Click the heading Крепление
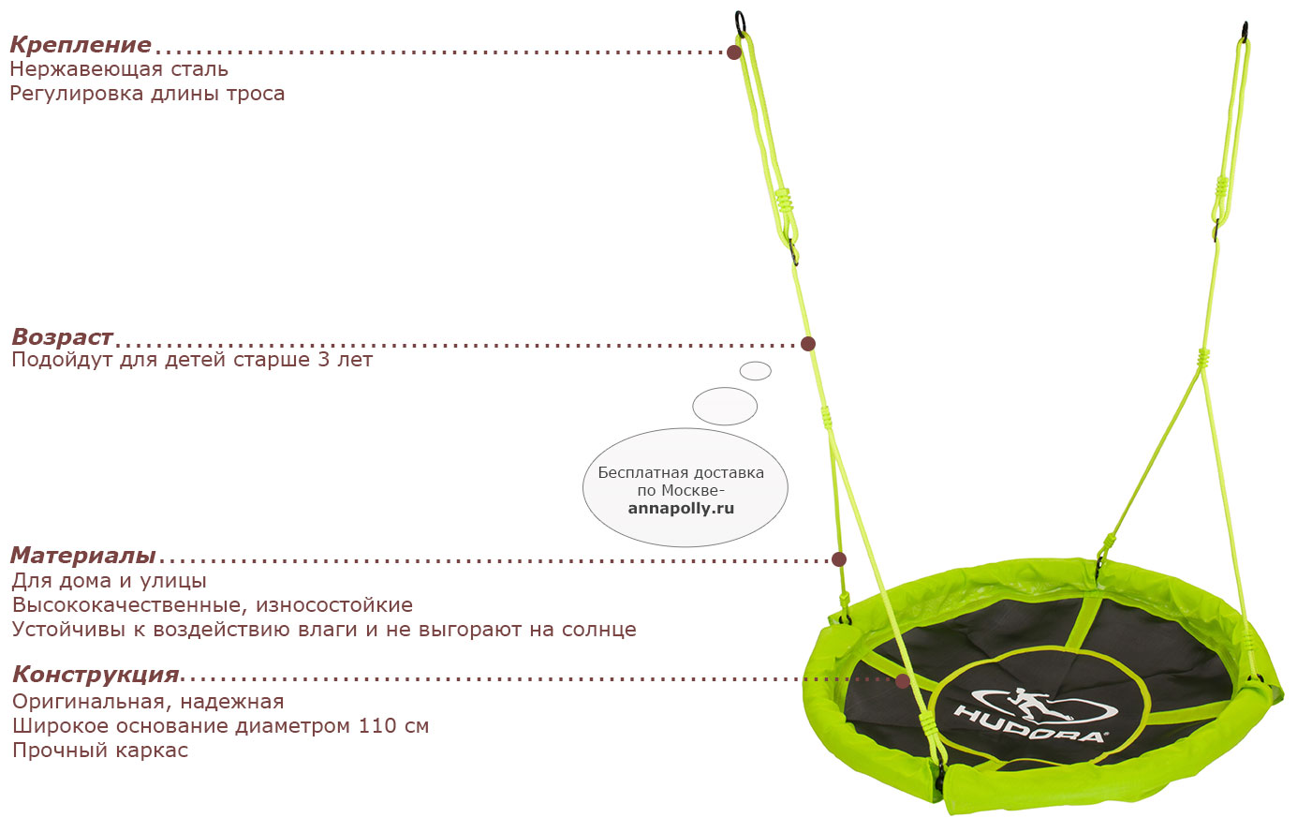[x=81, y=45]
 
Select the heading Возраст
[x=62, y=337]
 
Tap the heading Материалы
[x=83, y=555]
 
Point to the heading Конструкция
[x=96, y=675]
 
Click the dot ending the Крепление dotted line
[x=734, y=52]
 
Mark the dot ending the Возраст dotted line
[x=808, y=344]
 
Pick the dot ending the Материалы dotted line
[x=839, y=559]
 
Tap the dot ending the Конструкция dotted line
[x=903, y=681]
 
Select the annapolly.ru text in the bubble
[x=681, y=508]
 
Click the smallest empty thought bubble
[x=756, y=370]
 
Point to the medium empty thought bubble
[x=725, y=406]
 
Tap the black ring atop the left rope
[x=741, y=23]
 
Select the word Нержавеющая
[x=86, y=69]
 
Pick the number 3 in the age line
[x=324, y=360]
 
